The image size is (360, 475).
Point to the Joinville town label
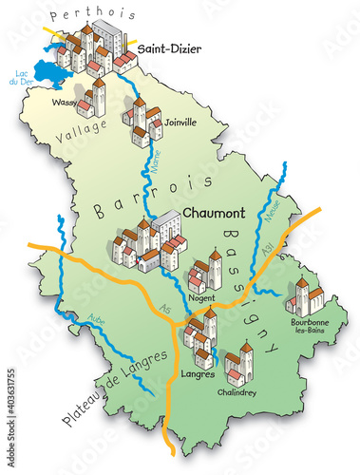(x=180, y=122)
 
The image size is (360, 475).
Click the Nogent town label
(x=201, y=296)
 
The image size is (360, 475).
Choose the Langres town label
(x=196, y=373)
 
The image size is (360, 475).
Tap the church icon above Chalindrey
(x=238, y=362)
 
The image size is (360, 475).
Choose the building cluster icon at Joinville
(x=143, y=123)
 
